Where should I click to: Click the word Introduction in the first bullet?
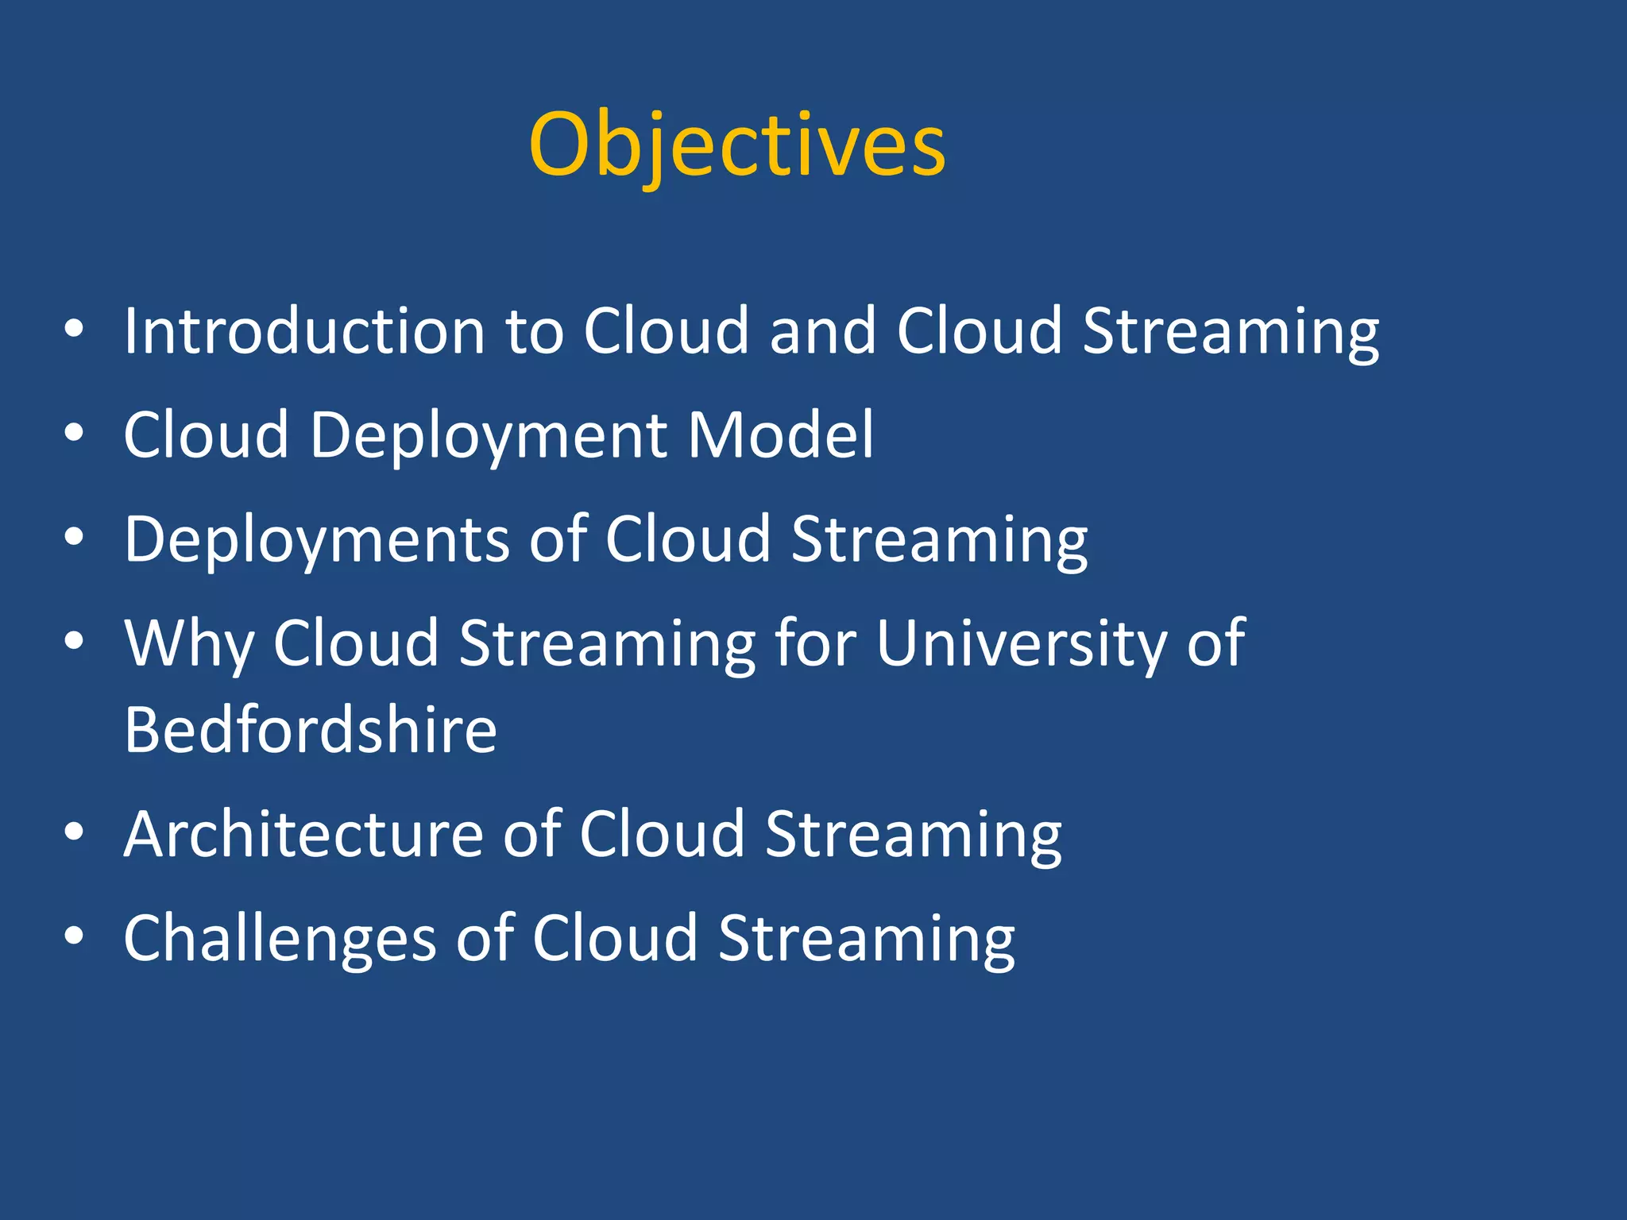tap(304, 331)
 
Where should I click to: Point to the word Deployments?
tap(316, 540)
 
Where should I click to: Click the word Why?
tap(190, 643)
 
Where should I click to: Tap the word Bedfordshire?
tap(311, 730)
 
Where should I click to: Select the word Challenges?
tap(280, 939)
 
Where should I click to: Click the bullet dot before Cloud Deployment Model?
tap(74, 434)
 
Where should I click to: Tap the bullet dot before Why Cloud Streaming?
tap(74, 641)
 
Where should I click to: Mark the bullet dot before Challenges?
tap(74, 936)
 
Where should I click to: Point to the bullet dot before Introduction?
tap(74, 329)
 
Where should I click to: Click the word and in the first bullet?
tap(822, 331)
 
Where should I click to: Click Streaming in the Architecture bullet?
tap(913, 836)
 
